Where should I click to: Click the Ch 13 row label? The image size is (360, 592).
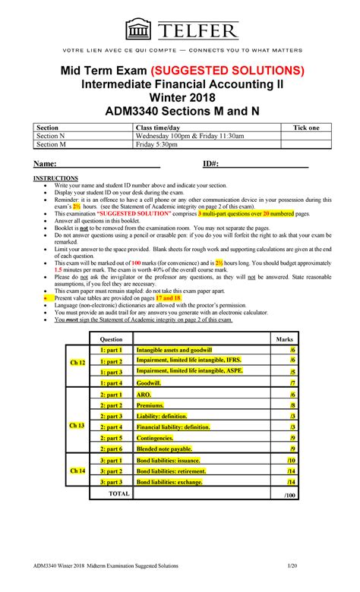click(x=77, y=426)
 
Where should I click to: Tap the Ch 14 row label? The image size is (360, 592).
click(x=77, y=471)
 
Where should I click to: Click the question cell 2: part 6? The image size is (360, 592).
click(x=110, y=449)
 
